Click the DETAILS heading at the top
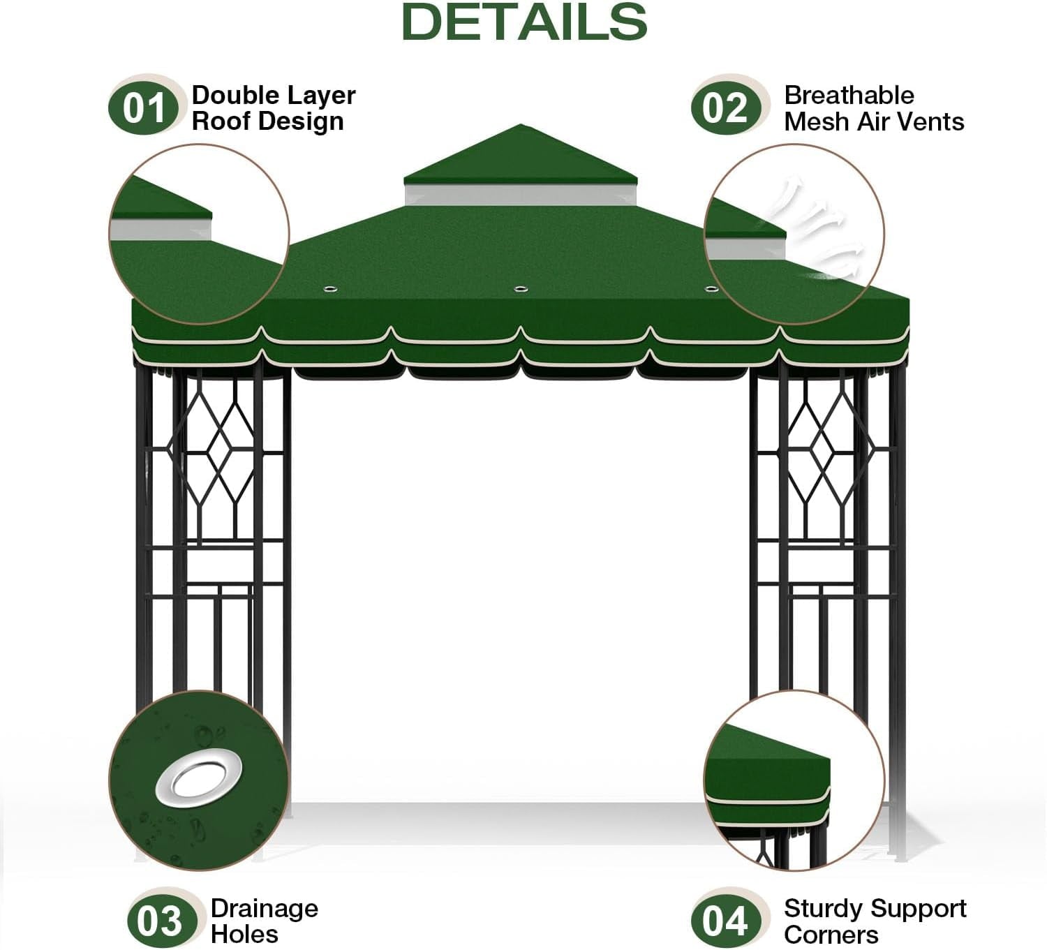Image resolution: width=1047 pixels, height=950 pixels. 524,22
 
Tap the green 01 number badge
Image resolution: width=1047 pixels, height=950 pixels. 143,109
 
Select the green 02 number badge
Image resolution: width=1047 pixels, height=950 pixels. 725,109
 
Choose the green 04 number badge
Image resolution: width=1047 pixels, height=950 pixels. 725,921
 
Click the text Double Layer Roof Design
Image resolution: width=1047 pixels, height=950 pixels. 273,108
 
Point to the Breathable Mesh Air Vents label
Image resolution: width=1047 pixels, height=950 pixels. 873,108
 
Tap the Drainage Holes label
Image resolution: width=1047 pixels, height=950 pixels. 264,921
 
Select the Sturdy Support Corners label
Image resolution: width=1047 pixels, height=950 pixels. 875,921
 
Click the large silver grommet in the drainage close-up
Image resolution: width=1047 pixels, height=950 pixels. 199,777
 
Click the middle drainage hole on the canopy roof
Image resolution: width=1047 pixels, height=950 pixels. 519,288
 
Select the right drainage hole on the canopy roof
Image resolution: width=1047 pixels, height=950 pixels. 711,288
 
